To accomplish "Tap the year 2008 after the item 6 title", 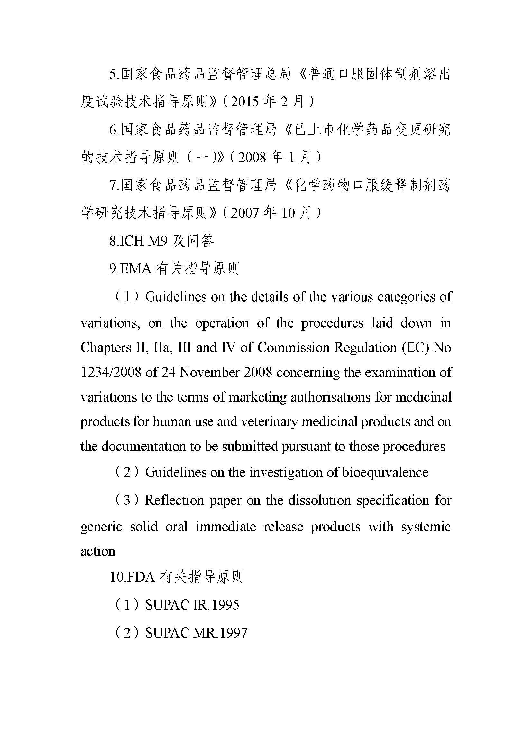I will (x=252, y=158).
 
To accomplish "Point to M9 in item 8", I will (x=158, y=241).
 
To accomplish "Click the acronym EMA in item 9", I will (x=136, y=269).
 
